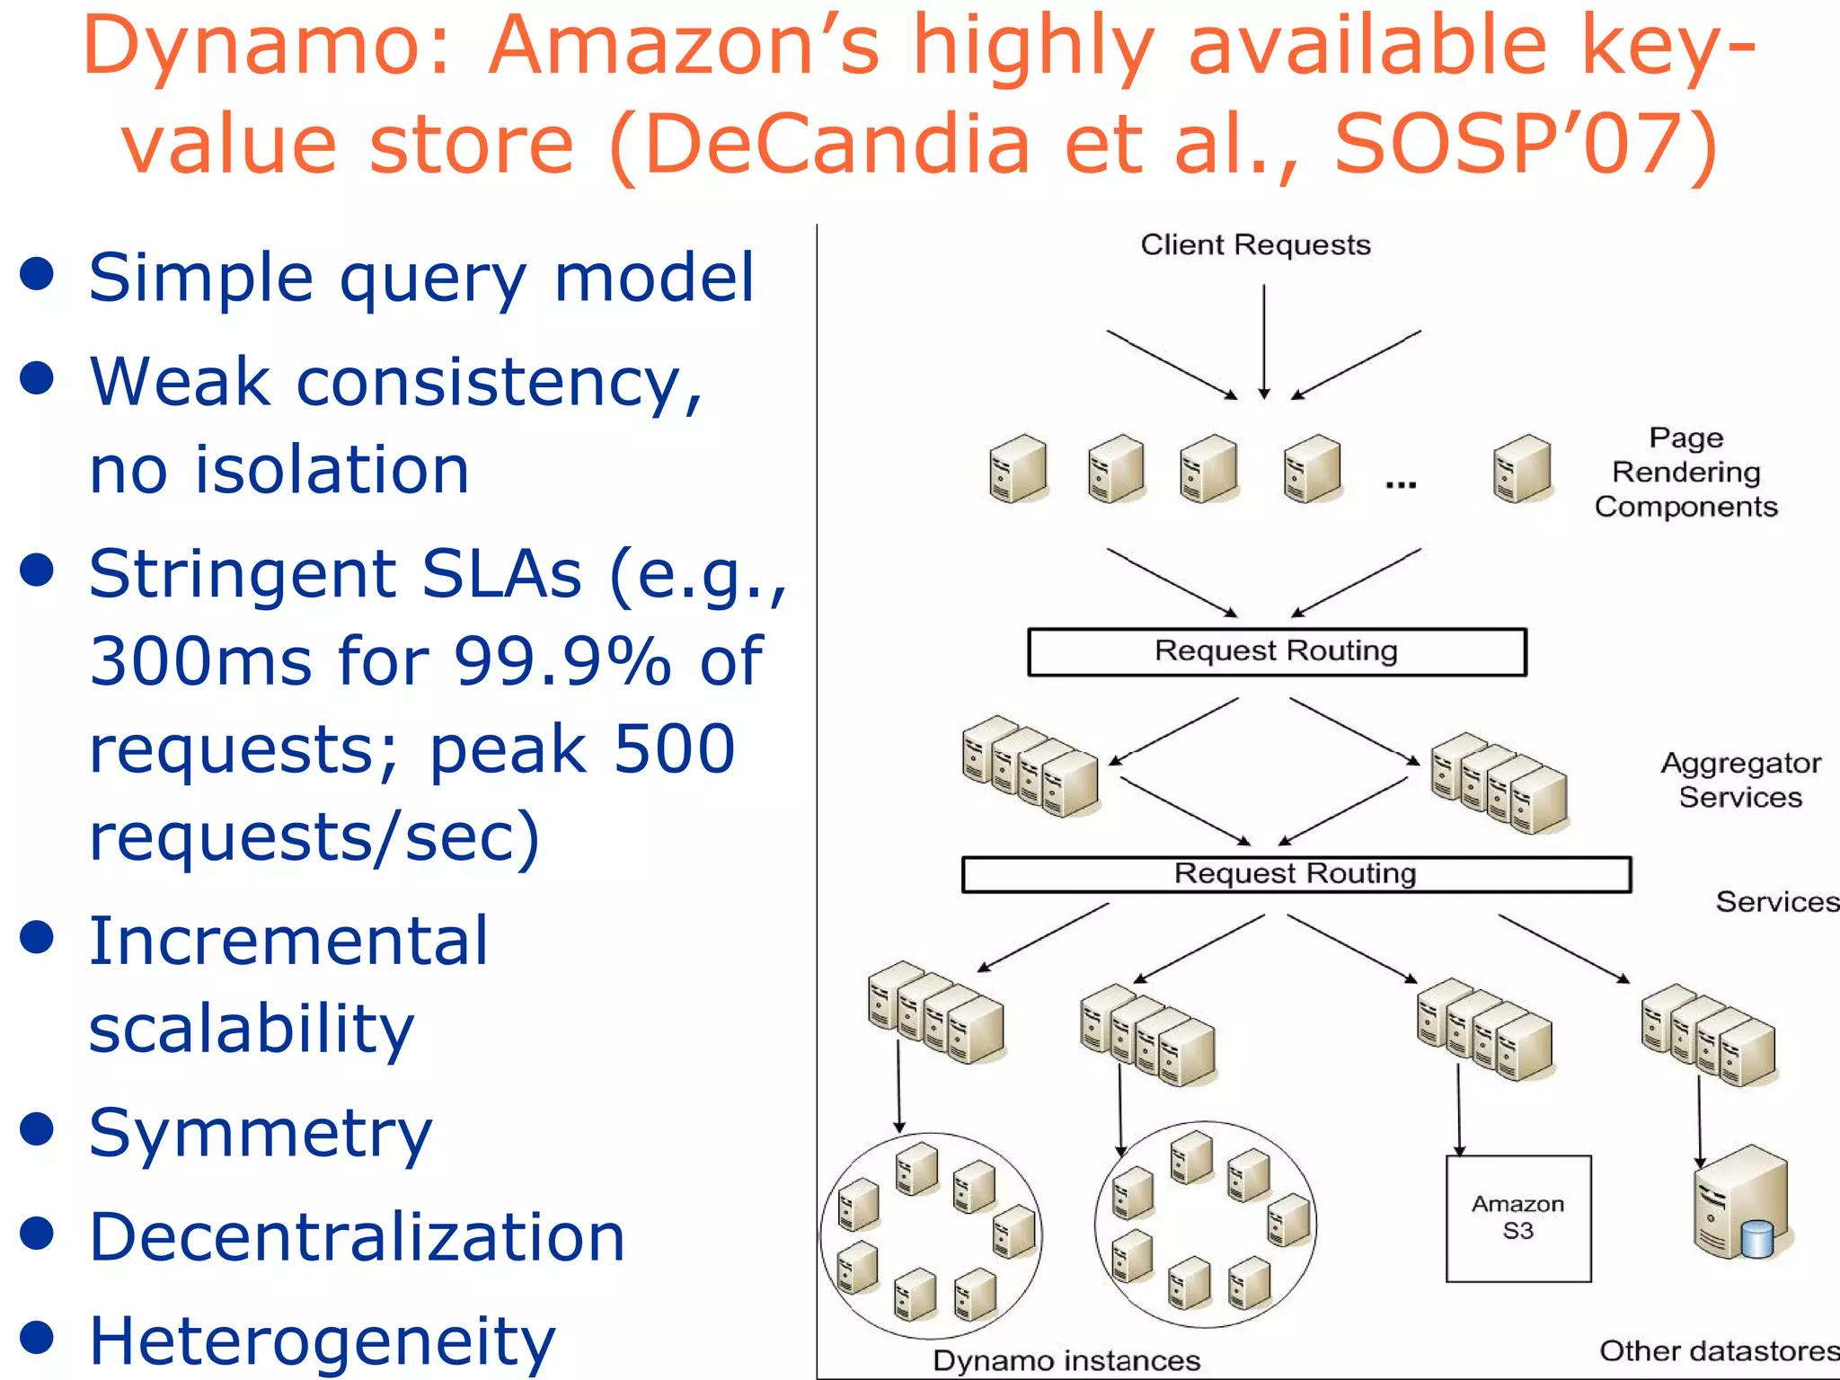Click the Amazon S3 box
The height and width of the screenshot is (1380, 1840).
point(1517,1217)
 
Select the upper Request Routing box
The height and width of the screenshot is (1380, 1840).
point(1277,651)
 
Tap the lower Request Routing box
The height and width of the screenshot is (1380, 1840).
point(1296,873)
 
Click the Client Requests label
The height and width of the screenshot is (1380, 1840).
point(1255,244)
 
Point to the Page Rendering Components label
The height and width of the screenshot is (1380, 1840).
point(1685,472)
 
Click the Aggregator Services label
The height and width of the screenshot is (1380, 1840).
point(1740,780)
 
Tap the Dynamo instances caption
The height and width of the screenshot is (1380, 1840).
point(1066,1359)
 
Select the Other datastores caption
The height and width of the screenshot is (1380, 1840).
point(1718,1350)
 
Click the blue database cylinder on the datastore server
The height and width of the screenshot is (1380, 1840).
point(1756,1239)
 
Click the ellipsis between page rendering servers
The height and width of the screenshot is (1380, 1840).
point(1401,485)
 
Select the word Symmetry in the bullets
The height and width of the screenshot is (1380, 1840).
point(261,1134)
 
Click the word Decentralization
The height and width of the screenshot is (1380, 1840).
point(357,1238)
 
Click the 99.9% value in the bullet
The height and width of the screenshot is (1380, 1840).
point(562,661)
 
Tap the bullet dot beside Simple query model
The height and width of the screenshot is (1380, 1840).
point(37,275)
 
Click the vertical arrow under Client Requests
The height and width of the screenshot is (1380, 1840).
point(1263,341)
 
